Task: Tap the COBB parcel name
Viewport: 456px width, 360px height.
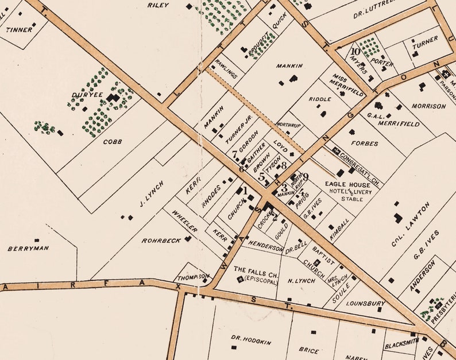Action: coord(112,141)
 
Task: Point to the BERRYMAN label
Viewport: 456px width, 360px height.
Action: coord(29,249)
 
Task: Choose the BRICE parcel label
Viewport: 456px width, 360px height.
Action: coord(309,349)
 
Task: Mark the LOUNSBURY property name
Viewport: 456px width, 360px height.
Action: coord(366,303)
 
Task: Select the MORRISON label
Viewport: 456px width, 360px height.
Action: coord(428,106)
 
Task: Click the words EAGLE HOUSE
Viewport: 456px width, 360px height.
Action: coord(342,184)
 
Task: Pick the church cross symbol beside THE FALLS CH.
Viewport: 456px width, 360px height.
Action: coord(240,280)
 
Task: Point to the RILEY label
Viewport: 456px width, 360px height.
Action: coord(158,5)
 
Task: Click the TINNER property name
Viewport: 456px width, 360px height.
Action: coord(19,29)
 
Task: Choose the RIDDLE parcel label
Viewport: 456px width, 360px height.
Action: coord(319,99)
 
